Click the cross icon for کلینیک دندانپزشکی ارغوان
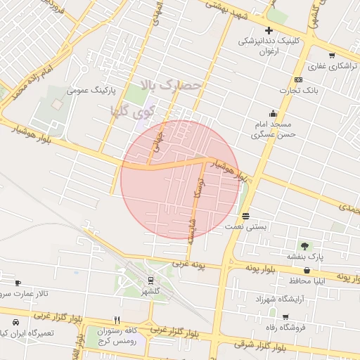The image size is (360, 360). (269, 30)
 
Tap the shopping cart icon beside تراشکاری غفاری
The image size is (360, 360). (332, 55)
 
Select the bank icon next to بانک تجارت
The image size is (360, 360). (298, 79)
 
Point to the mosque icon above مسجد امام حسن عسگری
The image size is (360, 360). (273, 113)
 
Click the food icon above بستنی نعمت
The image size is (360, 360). (245, 216)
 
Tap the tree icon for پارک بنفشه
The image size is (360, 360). (304, 246)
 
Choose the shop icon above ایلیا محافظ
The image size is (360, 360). (307, 270)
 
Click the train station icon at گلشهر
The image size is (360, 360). (150, 281)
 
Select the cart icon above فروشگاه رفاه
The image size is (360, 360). (285, 317)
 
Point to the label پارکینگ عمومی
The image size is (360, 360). (90, 91)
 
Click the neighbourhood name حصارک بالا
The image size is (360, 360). (172, 86)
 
